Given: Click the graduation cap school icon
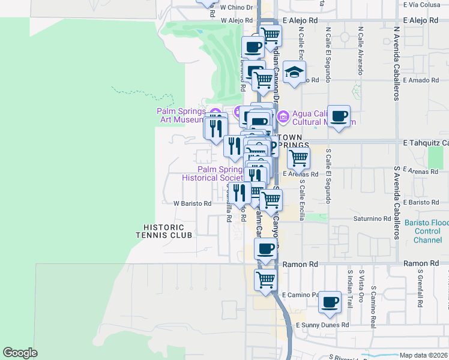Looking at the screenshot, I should coord(294,73).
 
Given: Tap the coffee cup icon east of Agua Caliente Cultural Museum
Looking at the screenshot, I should coord(339,116).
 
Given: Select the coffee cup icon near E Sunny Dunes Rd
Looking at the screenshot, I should coord(329,302).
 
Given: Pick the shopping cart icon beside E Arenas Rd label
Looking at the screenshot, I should coord(298,158).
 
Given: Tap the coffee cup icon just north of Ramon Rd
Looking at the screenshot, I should coord(265,248).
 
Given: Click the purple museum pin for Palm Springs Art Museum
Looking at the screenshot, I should coord(215,112).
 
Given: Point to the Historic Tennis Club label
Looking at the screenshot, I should coord(168,231).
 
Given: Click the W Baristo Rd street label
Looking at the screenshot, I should coord(193,203).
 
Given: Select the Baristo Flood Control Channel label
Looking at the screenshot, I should coord(431,231).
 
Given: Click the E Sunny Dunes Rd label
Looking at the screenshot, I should coord(323,325).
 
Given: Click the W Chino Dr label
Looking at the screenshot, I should coord(237,8).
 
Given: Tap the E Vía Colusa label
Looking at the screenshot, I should coord(421,4).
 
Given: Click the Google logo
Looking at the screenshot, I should coord(20,353).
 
